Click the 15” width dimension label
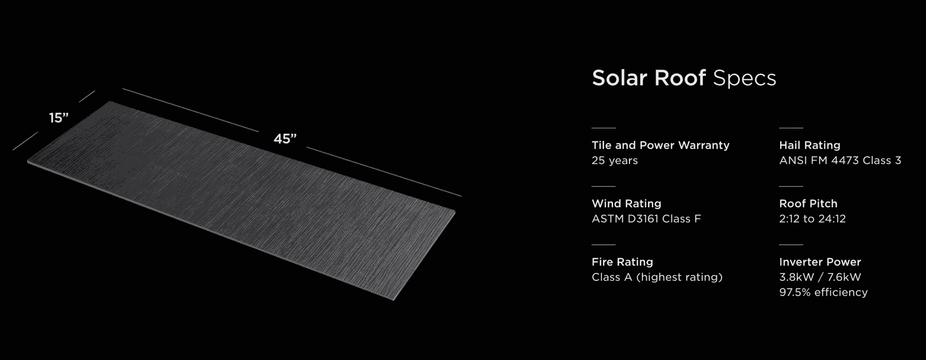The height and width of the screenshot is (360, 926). click(59, 118)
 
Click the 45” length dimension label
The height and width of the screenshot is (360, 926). click(285, 138)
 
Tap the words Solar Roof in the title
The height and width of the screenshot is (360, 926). click(648, 78)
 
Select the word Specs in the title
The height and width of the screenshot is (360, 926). click(744, 78)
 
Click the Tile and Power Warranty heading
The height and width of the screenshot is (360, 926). click(660, 145)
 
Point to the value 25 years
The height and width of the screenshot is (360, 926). click(614, 161)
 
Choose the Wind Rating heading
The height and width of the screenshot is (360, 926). click(626, 204)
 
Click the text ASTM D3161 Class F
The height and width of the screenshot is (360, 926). click(646, 219)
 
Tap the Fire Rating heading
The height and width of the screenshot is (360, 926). click(622, 262)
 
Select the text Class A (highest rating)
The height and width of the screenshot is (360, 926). click(657, 277)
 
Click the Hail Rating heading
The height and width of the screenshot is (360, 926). click(809, 145)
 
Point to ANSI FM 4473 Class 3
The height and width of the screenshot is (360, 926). click(840, 161)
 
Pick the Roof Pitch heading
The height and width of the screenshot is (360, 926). click(808, 204)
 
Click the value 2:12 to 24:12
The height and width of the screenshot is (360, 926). click(812, 219)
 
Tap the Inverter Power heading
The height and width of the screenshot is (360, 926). click(820, 262)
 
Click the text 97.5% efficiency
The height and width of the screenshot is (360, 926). click(823, 292)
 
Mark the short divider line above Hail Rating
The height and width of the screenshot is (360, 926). click(791, 128)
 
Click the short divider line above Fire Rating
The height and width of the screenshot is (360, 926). click(604, 245)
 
